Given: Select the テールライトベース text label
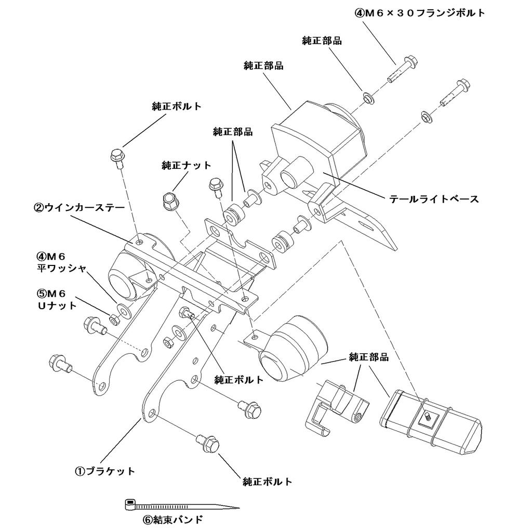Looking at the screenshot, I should tap(434, 198).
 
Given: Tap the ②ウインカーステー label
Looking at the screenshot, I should tap(79, 208).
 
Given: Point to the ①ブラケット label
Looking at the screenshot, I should tap(105, 471).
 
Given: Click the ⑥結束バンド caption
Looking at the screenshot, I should tap(172, 519).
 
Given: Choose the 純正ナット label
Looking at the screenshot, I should tap(187, 165).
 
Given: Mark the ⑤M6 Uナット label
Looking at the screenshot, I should tap(57, 300).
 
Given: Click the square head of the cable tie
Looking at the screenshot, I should tap(130, 503).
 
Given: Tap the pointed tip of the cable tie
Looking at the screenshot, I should tap(236, 508).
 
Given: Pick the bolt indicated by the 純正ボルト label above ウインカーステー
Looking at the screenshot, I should tap(117, 157).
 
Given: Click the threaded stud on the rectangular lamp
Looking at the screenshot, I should tap(426, 416).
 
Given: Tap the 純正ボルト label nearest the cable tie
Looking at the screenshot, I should tap(268, 482).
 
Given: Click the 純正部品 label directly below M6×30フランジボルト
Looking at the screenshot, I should tap(322, 41).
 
